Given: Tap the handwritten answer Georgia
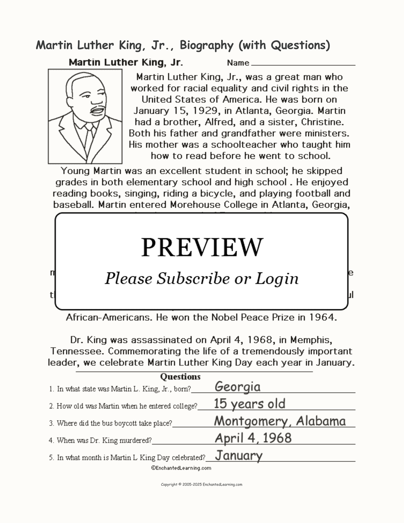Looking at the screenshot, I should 237,387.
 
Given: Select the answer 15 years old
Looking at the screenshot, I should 250,404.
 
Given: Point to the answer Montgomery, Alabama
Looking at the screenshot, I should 280,421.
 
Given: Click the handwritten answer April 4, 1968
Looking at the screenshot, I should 253,438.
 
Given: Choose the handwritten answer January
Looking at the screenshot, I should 239,456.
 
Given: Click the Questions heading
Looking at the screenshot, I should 180,377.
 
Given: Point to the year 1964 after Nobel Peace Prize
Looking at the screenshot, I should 322,317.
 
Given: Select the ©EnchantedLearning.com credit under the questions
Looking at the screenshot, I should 181,468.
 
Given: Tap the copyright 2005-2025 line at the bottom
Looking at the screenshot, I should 202,485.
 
